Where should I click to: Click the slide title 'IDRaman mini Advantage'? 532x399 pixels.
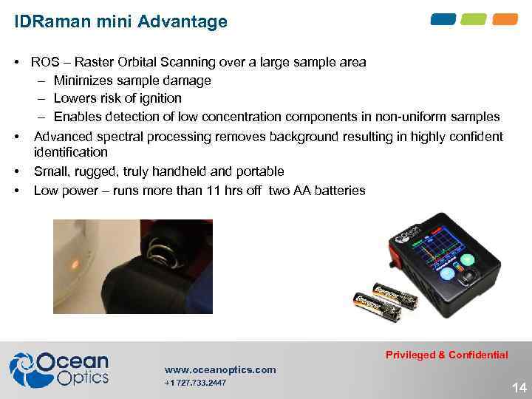pyautogui.click(x=121, y=21)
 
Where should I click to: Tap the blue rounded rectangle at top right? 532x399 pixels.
pyautogui.click(x=443, y=19)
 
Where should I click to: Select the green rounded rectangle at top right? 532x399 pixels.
pyautogui.click(x=474, y=19)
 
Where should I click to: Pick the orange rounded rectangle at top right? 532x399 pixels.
pyautogui.click(x=505, y=19)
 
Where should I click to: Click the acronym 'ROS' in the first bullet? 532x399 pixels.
pyautogui.click(x=46, y=62)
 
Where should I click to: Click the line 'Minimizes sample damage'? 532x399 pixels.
pyautogui.click(x=132, y=81)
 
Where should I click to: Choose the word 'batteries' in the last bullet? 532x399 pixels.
pyautogui.click(x=340, y=191)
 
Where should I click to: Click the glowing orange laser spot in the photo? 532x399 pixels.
pyautogui.click(x=74, y=262)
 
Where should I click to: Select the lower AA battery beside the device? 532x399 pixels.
pyautogui.click(x=377, y=306)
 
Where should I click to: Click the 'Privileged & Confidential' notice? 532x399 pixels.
pyautogui.click(x=446, y=355)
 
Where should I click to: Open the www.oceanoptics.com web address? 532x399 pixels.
pyautogui.click(x=220, y=369)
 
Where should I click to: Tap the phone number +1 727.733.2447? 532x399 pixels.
pyautogui.click(x=195, y=383)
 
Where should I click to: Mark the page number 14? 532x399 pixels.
pyautogui.click(x=519, y=387)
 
